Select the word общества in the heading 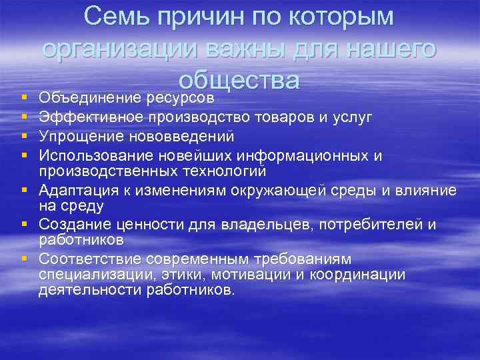(240, 79)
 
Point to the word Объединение (90, 98)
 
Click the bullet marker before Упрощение (23, 137)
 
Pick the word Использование (94, 156)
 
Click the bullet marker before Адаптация (23, 191)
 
